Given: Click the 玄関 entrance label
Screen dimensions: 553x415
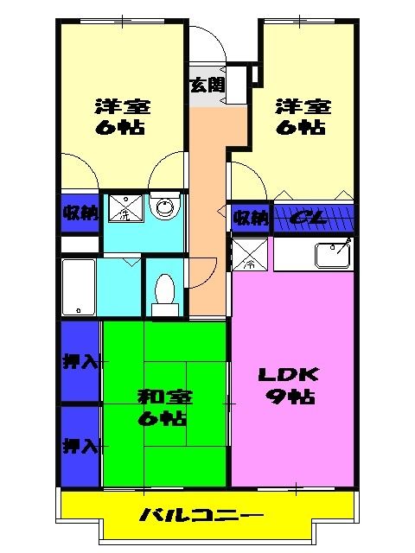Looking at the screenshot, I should [207, 85].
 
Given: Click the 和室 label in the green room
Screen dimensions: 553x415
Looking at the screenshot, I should [164, 397].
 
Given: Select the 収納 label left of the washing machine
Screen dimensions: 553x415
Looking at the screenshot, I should [80, 211].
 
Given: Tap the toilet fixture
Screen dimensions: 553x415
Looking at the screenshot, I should [164, 292].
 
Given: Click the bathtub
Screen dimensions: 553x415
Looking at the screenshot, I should [78, 289].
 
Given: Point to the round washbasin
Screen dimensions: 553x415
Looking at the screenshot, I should [163, 207].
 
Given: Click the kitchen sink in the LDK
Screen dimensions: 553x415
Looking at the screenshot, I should [332, 255].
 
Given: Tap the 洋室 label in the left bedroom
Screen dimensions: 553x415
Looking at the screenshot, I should [122, 107].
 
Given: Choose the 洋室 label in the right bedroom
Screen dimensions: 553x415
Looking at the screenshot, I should [303, 107].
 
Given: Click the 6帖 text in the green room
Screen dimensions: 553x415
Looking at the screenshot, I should [164, 419].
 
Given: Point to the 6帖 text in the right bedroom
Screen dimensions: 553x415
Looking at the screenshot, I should [303, 128].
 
